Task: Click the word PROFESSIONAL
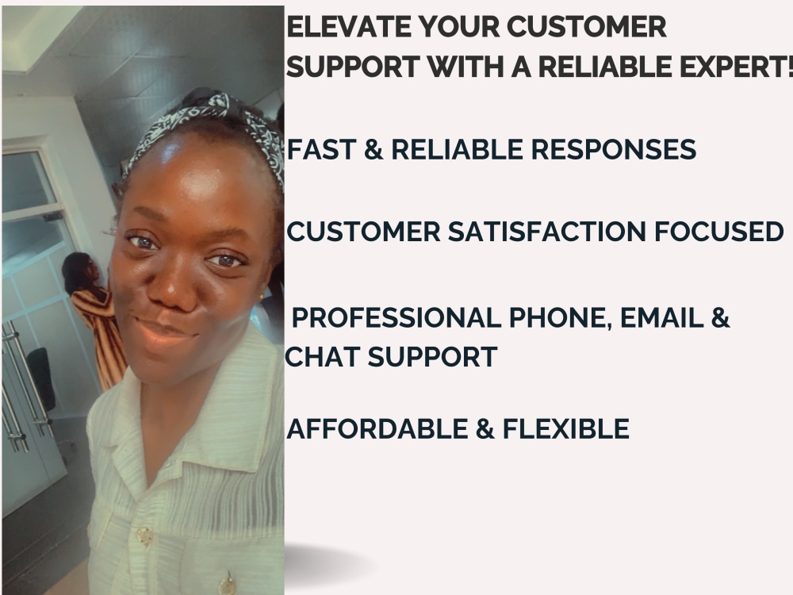point(396,318)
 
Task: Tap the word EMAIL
point(662,318)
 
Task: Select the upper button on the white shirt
point(145,536)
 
